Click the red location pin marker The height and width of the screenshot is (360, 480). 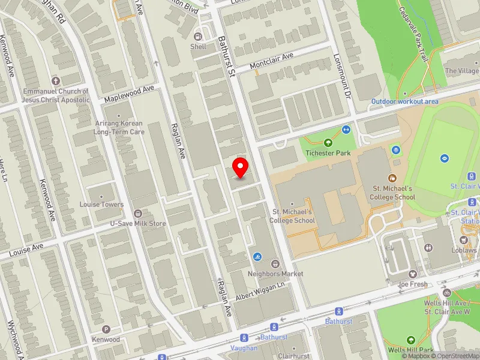[241, 167]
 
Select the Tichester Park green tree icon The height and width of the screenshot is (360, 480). [328, 143]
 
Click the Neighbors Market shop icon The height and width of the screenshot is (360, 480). [275, 263]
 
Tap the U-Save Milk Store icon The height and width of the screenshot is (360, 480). [138, 214]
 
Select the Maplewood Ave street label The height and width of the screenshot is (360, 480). [129, 93]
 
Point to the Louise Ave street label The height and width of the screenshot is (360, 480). [26, 248]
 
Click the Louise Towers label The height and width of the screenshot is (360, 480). [101, 204]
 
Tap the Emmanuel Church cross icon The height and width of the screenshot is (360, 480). [56, 80]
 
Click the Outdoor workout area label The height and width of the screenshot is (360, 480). [404, 101]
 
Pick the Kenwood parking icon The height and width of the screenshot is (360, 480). [106, 329]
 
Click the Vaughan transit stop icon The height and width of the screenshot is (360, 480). [244, 338]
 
